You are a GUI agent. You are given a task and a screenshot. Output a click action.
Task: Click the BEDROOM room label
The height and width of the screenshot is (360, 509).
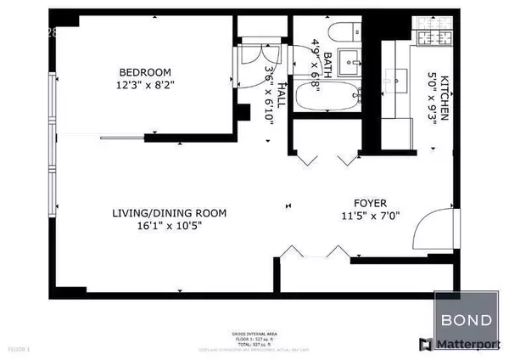(145, 71)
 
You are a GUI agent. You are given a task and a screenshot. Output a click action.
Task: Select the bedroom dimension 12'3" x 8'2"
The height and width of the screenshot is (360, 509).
(145, 85)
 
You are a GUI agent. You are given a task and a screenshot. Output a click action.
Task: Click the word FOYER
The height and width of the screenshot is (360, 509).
(371, 204)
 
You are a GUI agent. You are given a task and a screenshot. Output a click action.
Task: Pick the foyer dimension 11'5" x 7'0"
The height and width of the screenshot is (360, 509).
(371, 217)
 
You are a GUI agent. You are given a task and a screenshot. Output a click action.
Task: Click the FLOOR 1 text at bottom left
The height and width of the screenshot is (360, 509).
(18, 349)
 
